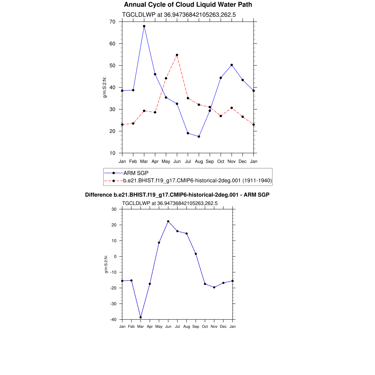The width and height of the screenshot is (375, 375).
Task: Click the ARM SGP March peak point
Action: click(x=144, y=26)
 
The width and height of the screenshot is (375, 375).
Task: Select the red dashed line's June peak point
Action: click(x=177, y=55)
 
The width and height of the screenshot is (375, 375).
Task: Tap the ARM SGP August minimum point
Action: click(x=199, y=137)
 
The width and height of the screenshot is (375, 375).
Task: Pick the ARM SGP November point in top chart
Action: click(x=232, y=65)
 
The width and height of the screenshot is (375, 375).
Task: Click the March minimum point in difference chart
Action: click(x=141, y=318)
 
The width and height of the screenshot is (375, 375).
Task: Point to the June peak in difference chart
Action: click(x=168, y=221)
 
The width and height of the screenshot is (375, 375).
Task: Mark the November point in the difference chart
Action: click(x=214, y=287)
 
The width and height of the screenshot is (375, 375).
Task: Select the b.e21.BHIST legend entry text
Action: click(x=197, y=181)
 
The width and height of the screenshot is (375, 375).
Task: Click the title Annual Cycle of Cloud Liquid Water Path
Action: click(x=188, y=5)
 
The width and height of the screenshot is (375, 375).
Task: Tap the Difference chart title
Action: click(x=177, y=195)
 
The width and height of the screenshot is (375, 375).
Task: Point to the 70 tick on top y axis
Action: click(x=112, y=22)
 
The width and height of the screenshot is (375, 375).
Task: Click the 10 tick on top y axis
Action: click(x=112, y=153)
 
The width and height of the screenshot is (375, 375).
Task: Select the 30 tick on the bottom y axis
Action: click(x=114, y=209)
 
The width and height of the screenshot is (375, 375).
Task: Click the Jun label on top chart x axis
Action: click(x=177, y=161)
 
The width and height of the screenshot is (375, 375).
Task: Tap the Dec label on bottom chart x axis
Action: click(x=223, y=326)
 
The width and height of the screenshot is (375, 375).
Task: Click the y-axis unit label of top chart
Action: click(x=105, y=87)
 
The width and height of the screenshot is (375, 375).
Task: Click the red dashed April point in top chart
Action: click(x=155, y=112)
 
